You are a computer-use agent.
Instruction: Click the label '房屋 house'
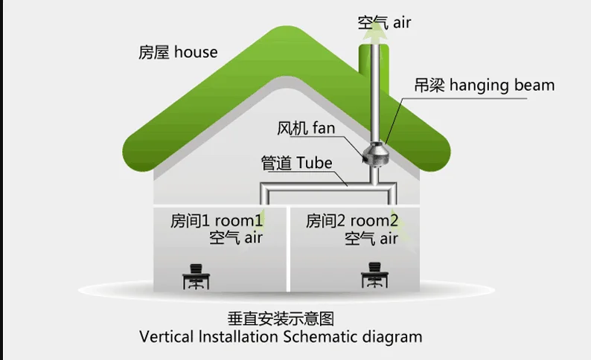click(x=178, y=52)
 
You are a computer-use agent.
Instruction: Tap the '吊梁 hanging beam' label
click(x=485, y=85)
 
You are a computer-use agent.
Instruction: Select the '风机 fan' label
click(x=306, y=128)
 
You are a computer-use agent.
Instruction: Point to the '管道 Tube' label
click(x=296, y=163)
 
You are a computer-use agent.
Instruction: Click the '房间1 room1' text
click(x=217, y=220)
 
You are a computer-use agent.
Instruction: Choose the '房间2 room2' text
click(x=352, y=220)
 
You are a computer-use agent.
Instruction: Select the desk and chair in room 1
click(x=196, y=277)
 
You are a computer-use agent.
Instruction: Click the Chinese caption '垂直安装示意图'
click(x=281, y=319)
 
